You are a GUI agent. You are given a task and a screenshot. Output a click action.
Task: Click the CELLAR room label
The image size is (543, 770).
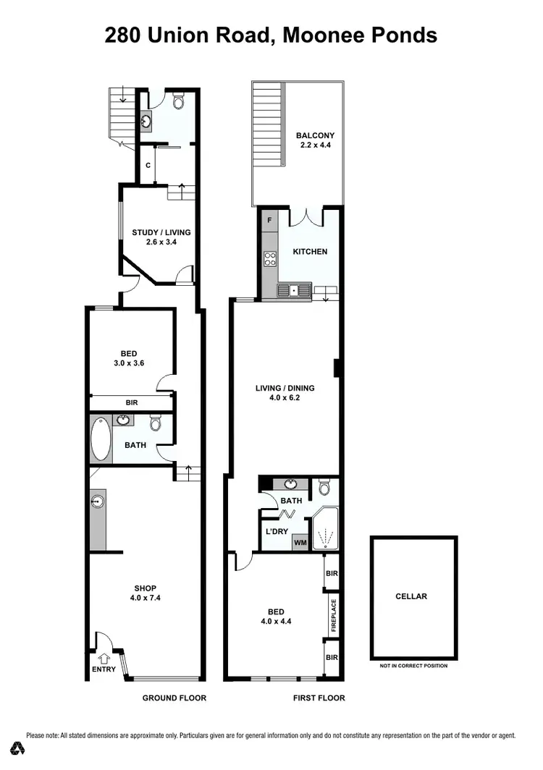tap(411, 596)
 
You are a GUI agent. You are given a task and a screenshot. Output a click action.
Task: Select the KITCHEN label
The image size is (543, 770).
tap(310, 252)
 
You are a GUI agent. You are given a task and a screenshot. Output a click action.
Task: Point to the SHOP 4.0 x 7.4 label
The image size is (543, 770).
tap(146, 593)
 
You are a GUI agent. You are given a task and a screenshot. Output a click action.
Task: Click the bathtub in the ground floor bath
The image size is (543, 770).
tap(101, 439)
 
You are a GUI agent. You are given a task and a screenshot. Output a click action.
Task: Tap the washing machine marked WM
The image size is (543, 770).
tap(299, 543)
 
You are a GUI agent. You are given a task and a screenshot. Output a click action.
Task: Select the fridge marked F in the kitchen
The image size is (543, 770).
tap(269, 220)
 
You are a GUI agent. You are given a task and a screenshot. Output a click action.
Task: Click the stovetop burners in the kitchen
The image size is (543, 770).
tap(270, 258)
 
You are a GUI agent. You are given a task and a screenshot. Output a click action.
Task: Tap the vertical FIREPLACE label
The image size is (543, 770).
tap(334, 615)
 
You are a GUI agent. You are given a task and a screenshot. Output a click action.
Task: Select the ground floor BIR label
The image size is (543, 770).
tap(132, 402)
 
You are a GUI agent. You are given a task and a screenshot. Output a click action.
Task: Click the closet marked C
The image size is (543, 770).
tap(148, 165)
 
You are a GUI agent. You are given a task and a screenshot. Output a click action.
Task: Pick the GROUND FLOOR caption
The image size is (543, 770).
tap(174, 698)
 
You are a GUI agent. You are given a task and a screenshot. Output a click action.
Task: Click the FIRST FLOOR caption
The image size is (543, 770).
tap(319, 698)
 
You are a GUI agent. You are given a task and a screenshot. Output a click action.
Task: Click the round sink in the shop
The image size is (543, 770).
tap(97, 499)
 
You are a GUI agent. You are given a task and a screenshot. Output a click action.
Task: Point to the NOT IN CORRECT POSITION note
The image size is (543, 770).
tap(413, 666)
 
